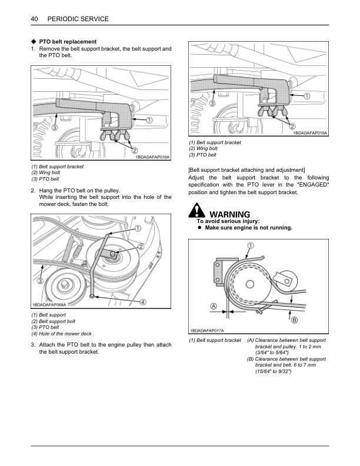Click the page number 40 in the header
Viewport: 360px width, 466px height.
point(34,19)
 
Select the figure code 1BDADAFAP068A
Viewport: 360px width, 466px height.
point(49,304)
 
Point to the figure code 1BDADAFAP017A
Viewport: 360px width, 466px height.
point(207,331)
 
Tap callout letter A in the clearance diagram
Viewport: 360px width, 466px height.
point(214,306)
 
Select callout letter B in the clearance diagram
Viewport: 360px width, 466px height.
point(294,319)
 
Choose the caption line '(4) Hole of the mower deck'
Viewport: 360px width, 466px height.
point(61,334)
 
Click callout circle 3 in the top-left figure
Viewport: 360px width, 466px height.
point(55,127)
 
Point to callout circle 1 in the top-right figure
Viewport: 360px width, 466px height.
point(308,95)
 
